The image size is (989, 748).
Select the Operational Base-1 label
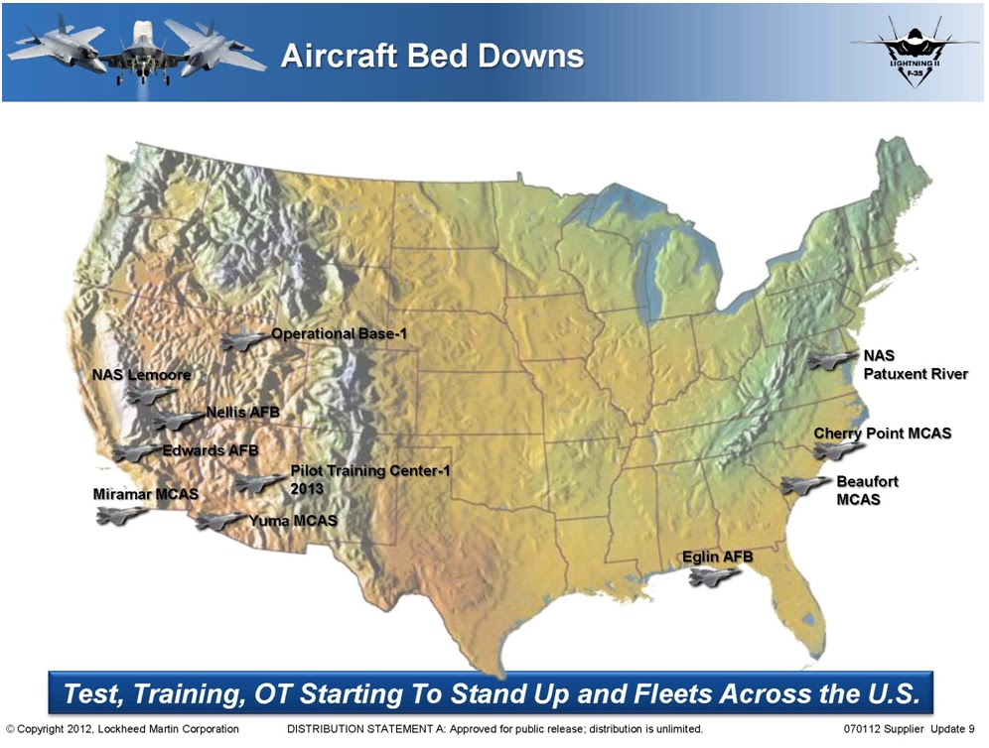point(340,334)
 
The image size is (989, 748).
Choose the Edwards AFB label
point(210,450)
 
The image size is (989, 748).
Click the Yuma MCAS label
point(293,520)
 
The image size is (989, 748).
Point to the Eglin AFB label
point(717,557)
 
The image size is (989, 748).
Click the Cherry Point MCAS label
point(882,434)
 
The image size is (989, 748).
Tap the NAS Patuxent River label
point(915,364)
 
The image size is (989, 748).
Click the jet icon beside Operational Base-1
point(244,340)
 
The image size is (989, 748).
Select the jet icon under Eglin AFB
point(715,577)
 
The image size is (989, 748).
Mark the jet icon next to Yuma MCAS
point(219,521)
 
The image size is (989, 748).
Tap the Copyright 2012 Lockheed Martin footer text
point(122,729)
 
